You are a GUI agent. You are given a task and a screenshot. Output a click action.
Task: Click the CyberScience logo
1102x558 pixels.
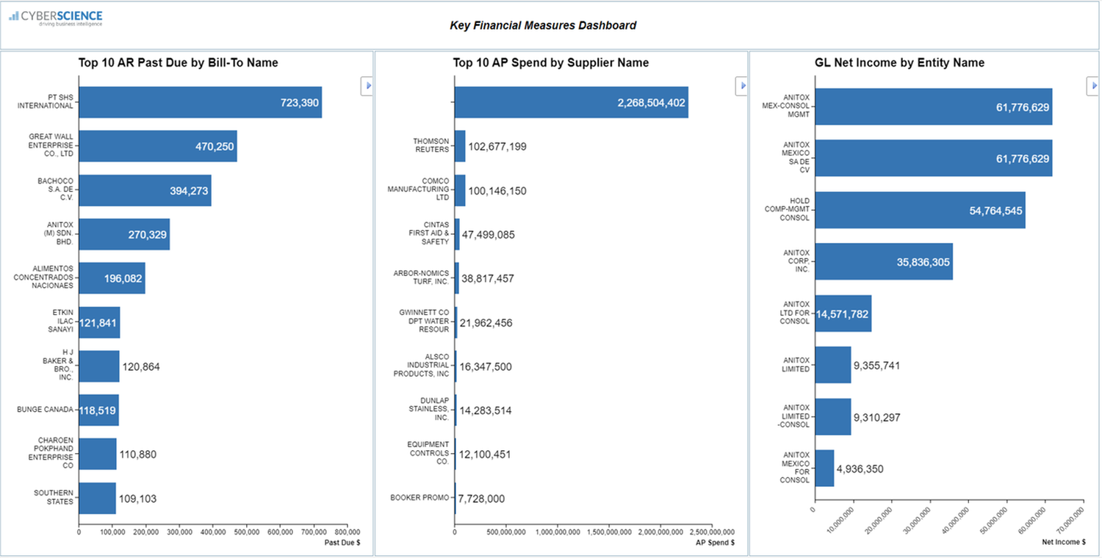tap(56, 18)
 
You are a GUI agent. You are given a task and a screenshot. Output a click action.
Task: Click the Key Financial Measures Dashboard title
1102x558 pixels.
tap(543, 26)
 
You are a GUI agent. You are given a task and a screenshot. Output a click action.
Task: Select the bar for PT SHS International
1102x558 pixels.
tap(200, 103)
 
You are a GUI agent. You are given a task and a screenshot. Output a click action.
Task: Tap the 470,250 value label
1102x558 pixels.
tap(215, 147)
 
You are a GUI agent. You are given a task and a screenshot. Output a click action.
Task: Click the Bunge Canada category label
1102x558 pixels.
tap(45, 410)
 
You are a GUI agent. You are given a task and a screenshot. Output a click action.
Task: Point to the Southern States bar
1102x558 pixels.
tap(97, 498)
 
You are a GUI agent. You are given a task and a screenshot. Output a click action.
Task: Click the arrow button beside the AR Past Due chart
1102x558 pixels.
tap(367, 86)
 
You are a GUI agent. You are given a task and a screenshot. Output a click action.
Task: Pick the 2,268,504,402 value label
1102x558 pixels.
tap(651, 103)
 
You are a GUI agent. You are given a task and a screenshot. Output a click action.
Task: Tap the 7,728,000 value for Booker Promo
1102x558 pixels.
tap(481, 499)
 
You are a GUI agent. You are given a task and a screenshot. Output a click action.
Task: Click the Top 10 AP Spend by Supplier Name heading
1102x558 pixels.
tap(550, 63)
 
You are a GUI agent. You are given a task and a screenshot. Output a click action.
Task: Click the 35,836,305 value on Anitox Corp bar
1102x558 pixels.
tap(923, 262)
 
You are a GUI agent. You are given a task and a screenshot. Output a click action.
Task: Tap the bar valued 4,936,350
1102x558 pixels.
tap(824, 468)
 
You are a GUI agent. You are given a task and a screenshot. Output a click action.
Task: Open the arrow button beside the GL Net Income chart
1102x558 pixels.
tap(1092, 86)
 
